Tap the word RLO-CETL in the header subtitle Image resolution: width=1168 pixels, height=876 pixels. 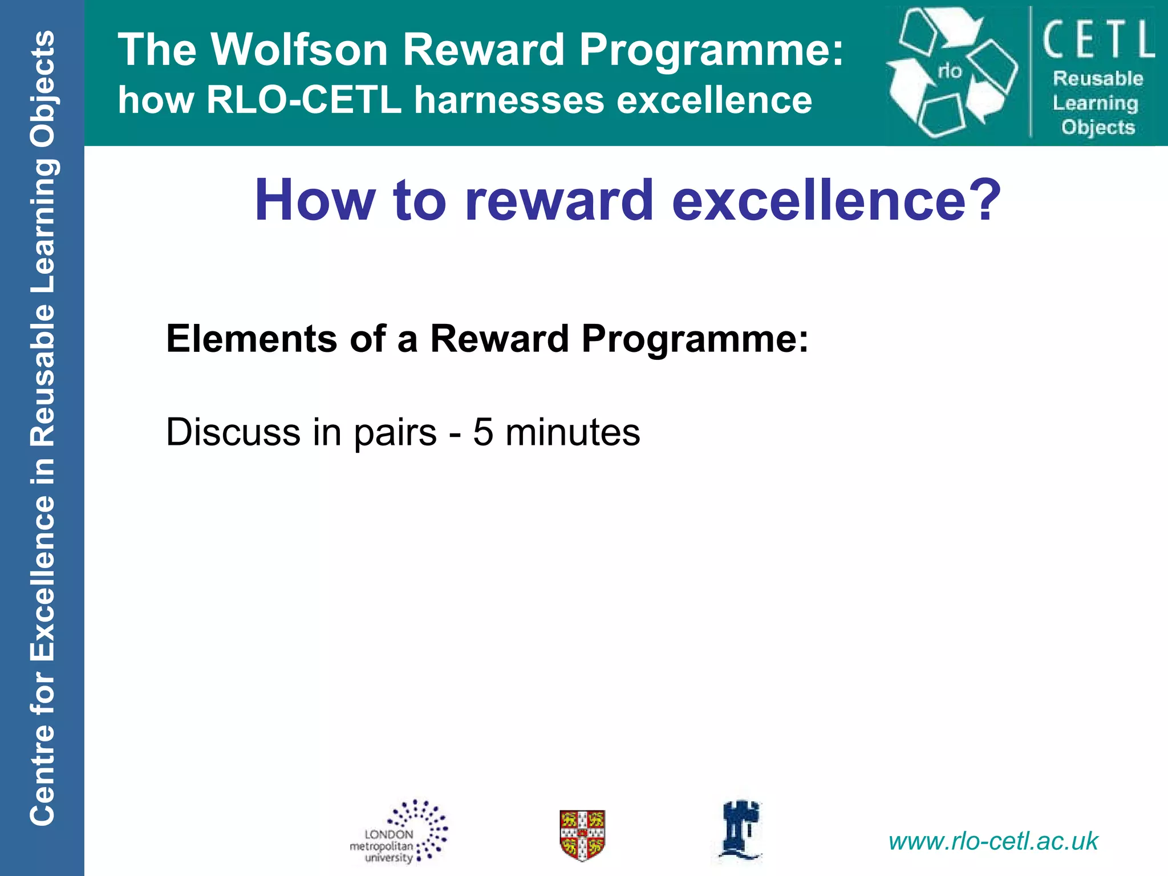click(x=304, y=100)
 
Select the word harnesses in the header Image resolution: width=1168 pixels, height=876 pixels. click(x=509, y=100)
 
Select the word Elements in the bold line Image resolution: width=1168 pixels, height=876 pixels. click(x=252, y=339)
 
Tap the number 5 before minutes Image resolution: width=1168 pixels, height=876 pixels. click(x=482, y=432)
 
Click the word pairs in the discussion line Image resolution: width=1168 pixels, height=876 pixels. click(x=395, y=432)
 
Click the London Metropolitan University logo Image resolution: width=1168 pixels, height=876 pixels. click(x=399, y=833)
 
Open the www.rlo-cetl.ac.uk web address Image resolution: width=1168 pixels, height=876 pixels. click(x=993, y=841)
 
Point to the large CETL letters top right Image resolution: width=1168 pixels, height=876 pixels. click(x=1098, y=39)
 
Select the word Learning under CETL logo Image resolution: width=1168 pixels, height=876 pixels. click(x=1096, y=103)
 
